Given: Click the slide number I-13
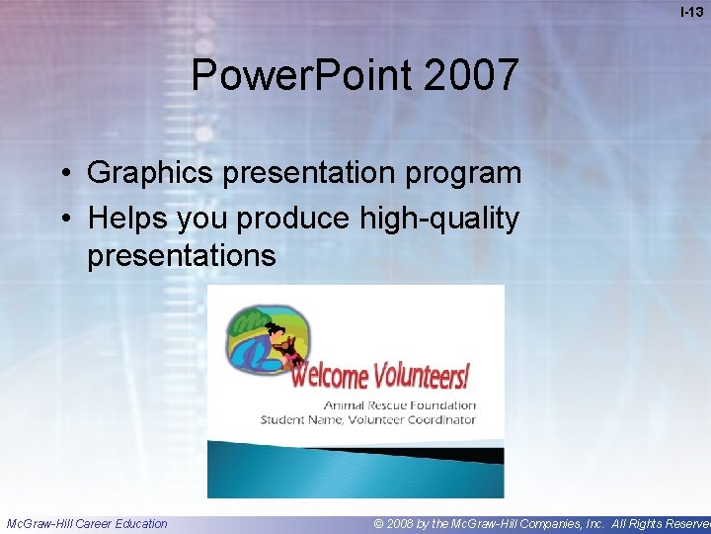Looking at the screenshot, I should tap(692, 13).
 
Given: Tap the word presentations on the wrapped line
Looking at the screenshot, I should tap(181, 256).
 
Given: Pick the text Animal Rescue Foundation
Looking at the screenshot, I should tap(400, 404).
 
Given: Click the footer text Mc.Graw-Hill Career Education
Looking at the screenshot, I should tap(87, 523).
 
